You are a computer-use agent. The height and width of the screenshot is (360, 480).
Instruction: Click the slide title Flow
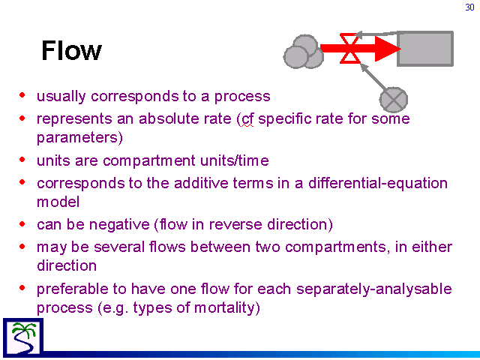[x=71, y=50]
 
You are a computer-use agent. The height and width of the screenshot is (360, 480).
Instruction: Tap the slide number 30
[x=469, y=7]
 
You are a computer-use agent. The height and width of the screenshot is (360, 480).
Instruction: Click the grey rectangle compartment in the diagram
[x=425, y=49]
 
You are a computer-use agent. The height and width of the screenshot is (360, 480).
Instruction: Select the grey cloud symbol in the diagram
[x=303, y=52]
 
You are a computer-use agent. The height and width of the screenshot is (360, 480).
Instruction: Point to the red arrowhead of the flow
[x=388, y=48]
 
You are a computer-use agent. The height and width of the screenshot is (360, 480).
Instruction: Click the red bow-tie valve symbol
[x=350, y=48]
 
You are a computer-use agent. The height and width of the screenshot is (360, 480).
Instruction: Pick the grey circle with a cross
[x=394, y=100]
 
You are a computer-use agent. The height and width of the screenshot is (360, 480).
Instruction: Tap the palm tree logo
[x=23, y=337]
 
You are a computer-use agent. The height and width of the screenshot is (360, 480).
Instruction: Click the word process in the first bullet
[x=242, y=97]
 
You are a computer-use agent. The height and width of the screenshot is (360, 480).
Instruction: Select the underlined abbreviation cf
[x=247, y=119]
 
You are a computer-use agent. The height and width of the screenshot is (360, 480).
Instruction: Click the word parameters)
[x=79, y=138]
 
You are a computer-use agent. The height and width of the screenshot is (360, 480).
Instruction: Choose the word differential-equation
[x=378, y=184]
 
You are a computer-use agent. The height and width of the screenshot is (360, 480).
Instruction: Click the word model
[x=58, y=202]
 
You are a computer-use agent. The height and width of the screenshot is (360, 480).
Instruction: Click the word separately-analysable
[x=374, y=289]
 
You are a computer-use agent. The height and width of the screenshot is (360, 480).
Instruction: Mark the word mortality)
[x=226, y=308]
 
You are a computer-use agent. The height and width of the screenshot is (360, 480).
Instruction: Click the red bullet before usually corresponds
[x=22, y=95]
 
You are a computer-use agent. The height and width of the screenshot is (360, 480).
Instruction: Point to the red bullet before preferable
[x=22, y=288]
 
